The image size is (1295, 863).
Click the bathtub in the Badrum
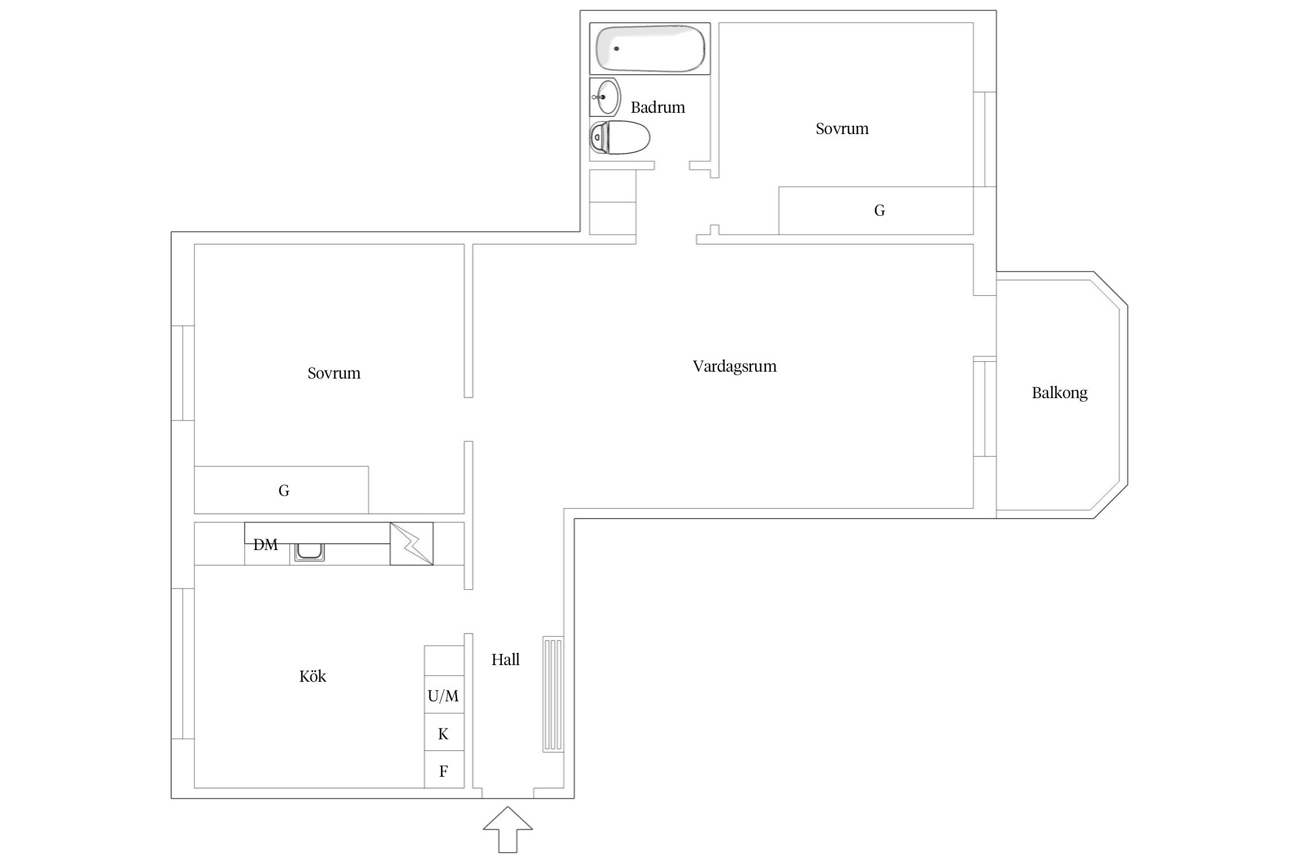(650, 48)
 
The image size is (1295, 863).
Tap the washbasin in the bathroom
(605, 97)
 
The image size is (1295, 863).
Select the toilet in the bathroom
(620, 138)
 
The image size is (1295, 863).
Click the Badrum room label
(658, 108)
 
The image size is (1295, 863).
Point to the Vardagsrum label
(734, 367)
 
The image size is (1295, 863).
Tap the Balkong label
(1060, 394)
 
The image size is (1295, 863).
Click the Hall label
(505, 660)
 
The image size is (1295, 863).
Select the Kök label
(313, 676)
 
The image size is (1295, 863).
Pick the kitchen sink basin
(310, 553)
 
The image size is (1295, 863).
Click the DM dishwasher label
(265, 545)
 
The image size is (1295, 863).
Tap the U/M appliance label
(443, 697)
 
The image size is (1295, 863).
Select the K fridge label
(443, 734)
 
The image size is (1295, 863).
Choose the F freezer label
(443, 772)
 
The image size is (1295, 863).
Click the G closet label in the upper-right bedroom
(879, 211)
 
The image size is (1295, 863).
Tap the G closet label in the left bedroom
(284, 491)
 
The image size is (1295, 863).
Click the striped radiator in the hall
(553, 694)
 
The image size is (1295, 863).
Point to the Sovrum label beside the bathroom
(842, 129)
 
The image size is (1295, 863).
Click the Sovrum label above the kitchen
(334, 373)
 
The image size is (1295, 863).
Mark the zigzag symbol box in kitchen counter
(412, 544)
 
